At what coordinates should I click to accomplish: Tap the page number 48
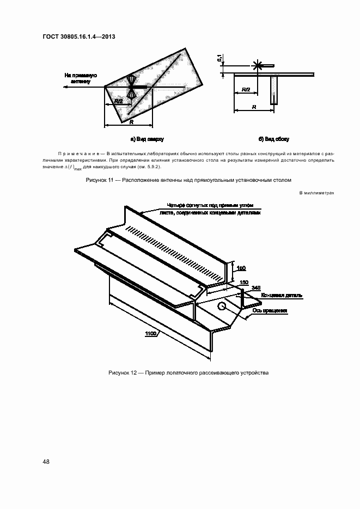pyautogui.click(x=46, y=462)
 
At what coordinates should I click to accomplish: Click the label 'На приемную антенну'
pyautogui.click(x=81, y=78)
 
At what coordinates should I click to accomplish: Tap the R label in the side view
pyautogui.click(x=254, y=108)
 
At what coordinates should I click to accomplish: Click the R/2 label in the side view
pyautogui.click(x=245, y=89)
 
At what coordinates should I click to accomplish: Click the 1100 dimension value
pyautogui.click(x=151, y=334)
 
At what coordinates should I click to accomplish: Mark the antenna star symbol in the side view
pyautogui.click(x=257, y=66)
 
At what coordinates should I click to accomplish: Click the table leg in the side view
pyautogui.click(x=274, y=90)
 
